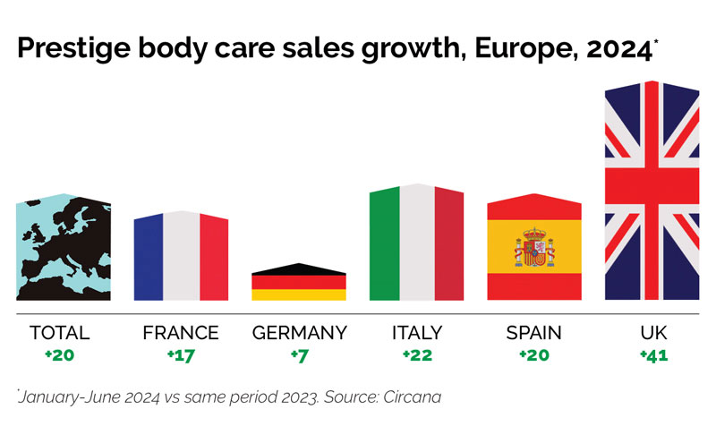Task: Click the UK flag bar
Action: pos(652,192)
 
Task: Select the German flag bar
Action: pos(299,283)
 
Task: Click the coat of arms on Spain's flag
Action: pos(534,248)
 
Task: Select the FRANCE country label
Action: pos(180,333)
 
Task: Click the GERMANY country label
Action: pos(299,333)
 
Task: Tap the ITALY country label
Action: pos(416,333)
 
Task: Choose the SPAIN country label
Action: pos(533,333)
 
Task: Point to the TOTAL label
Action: pos(60,333)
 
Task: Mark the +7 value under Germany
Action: pos(299,354)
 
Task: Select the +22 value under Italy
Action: pos(416,354)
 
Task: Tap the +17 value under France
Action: pos(180,354)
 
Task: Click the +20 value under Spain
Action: pos(533,354)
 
